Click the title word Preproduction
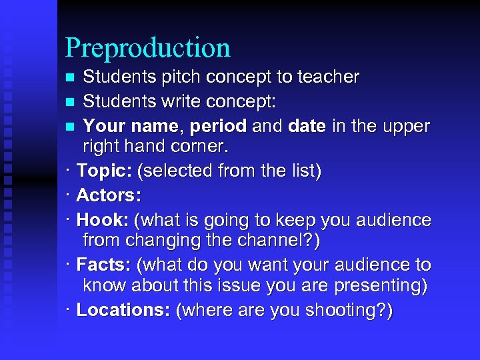pos(148,48)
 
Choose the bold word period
pos(219,125)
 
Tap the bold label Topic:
pos(104,171)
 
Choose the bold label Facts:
pos(105,265)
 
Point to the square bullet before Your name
pos(71,126)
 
